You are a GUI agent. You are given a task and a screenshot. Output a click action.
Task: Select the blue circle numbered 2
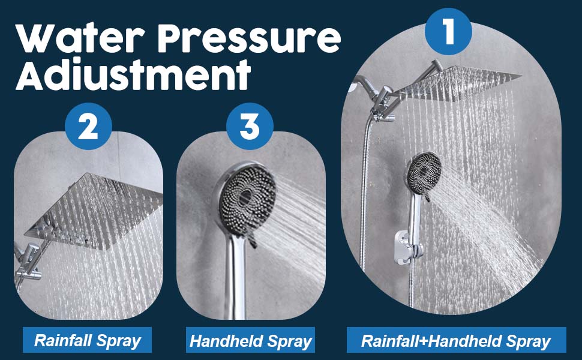[88, 127]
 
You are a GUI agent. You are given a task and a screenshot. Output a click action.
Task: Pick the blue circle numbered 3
[250, 127]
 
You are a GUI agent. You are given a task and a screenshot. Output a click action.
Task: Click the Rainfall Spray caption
[87, 341]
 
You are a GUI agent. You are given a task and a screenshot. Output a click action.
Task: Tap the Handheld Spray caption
[250, 341]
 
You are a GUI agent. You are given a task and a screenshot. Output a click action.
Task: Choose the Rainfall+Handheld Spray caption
[455, 341]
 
